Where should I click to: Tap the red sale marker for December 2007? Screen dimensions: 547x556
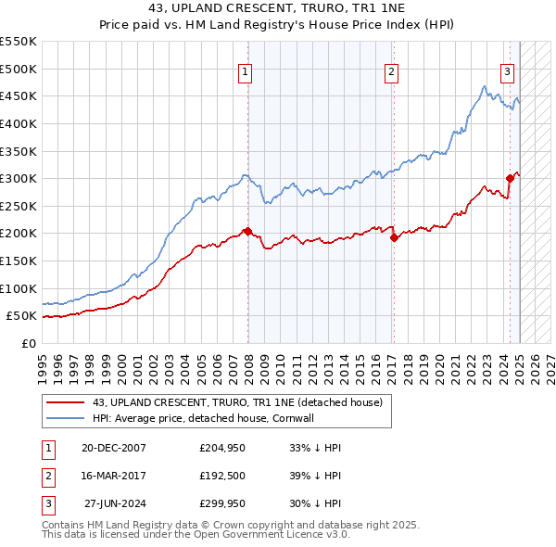[x=247, y=230]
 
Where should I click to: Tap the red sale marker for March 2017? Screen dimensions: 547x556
[x=394, y=237]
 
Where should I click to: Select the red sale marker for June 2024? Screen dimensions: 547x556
[x=510, y=178]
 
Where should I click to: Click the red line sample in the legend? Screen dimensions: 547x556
[x=64, y=402]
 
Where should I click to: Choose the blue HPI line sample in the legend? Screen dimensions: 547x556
[x=64, y=418]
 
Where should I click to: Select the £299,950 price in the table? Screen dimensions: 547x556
[x=222, y=506]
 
